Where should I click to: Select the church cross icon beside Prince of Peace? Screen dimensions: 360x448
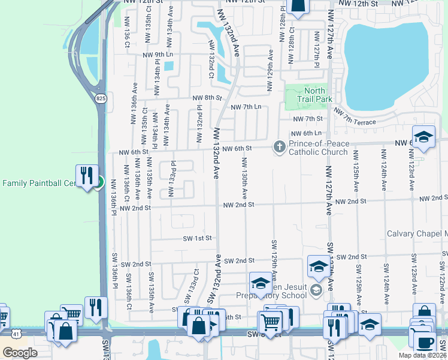coord(279,146)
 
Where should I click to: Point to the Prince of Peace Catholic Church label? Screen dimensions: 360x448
coord(318,148)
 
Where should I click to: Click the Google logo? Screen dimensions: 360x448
coord(20,353)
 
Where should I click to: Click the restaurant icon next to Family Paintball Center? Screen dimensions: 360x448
coord(87,176)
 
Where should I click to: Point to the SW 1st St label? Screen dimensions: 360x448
coord(198,238)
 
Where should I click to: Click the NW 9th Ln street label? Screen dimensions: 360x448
coord(158,55)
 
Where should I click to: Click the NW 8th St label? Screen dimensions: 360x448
coord(207,97)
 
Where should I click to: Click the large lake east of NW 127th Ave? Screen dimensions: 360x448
coord(386,66)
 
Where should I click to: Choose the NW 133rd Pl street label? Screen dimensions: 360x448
coord(172,179)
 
